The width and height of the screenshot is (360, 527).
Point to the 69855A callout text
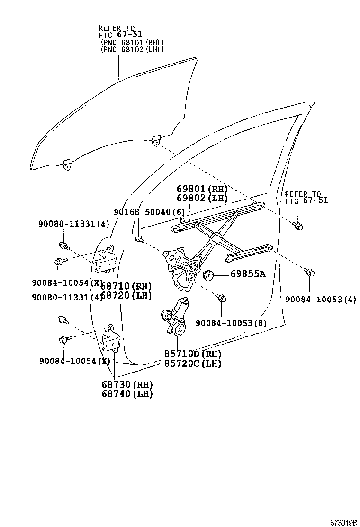coord(248,273)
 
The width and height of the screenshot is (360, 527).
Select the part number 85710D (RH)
coord(193,354)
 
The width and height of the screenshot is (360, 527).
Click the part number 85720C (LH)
coord(193,363)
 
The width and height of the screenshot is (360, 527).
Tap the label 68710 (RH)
coord(126,286)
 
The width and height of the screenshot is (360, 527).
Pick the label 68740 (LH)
coord(127,394)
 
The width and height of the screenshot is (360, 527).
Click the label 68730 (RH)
coord(127,384)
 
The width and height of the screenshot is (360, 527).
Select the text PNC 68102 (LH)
coord(132,49)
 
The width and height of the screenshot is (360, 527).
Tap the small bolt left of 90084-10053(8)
coord(220,297)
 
